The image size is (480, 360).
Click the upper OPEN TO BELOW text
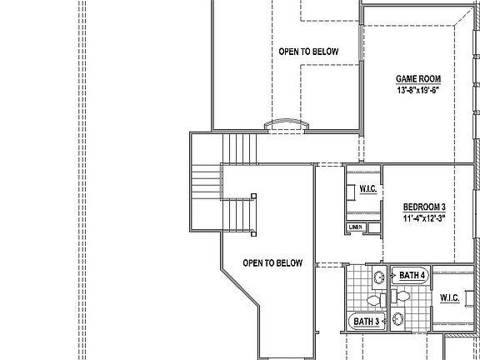click(308, 52)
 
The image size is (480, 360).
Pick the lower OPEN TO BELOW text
click(272, 263)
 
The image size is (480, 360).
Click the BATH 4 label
click(412, 275)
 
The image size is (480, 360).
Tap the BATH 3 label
click(367, 322)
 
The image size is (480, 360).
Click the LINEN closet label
click(356, 227)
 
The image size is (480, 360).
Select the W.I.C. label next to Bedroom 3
click(368, 190)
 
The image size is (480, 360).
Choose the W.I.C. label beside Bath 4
click(450, 298)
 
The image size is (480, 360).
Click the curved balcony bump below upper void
click(287, 125)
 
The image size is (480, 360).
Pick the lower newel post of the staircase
click(253, 197)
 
